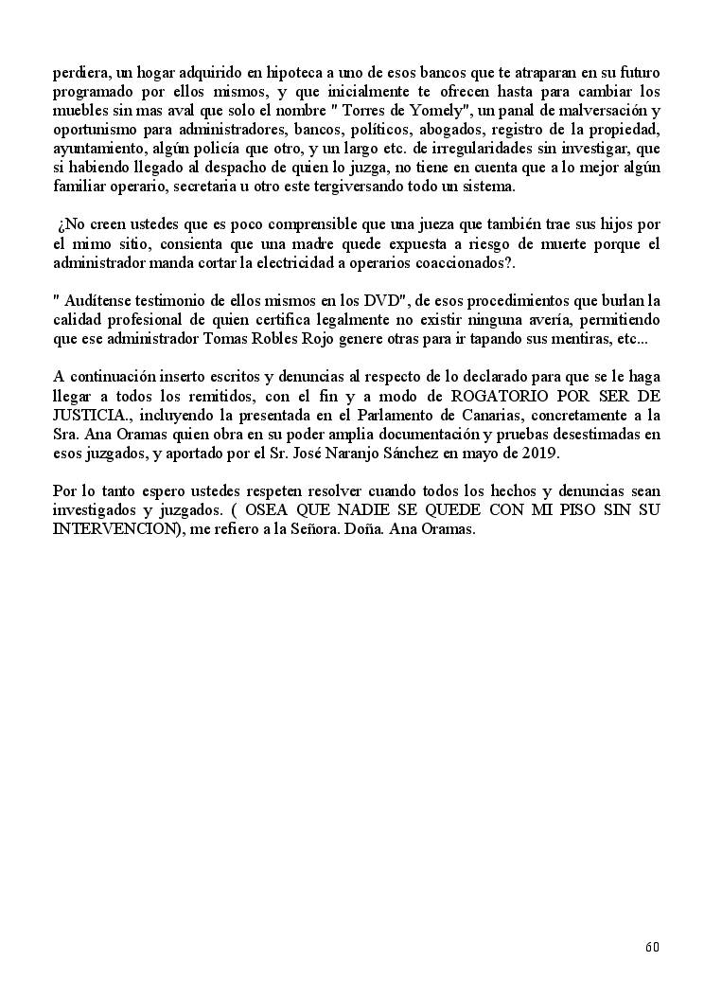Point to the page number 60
pos(652,947)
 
